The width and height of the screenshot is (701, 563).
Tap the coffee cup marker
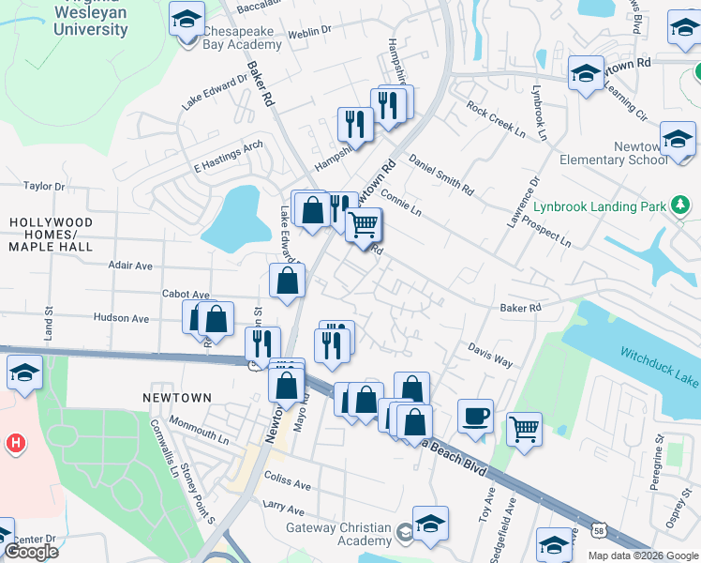coord(475,416)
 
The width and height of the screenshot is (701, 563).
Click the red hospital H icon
coord(14,442)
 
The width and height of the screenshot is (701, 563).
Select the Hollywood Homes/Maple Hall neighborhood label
coord(51,235)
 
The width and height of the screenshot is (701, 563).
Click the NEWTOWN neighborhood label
coord(177,398)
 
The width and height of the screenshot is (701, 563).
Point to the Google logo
coord(31,552)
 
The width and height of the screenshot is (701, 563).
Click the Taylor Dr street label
coord(44,187)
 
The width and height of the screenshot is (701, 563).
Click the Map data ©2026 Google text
coord(642,555)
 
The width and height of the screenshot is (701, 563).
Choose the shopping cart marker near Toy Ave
coord(525,431)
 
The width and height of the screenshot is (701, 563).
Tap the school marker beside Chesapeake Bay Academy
coord(186,18)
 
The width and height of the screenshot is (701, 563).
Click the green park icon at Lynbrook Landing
coord(681,205)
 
